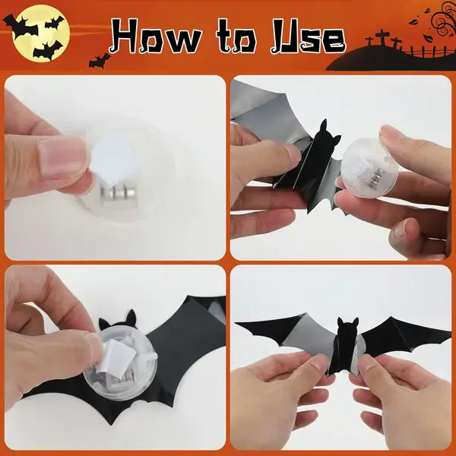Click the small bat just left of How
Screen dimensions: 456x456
click(98, 59)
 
